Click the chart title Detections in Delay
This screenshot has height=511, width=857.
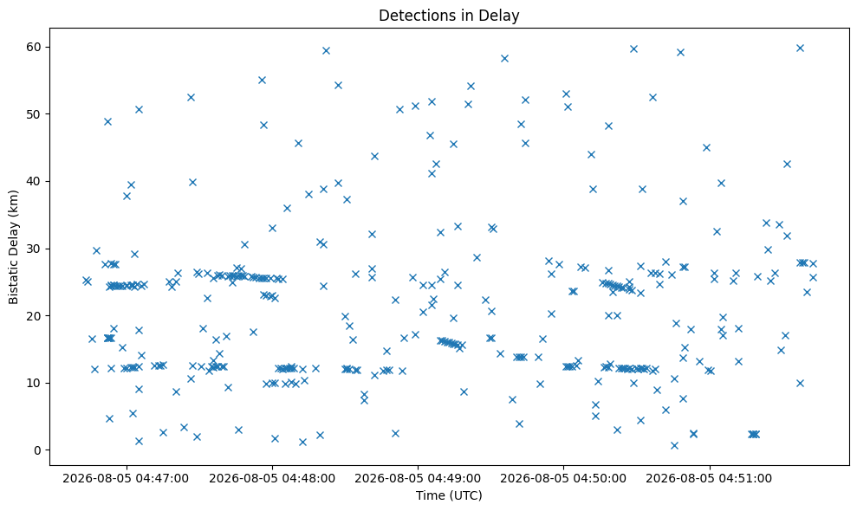[x=449, y=16]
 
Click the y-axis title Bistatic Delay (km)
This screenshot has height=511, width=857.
[x=14, y=247]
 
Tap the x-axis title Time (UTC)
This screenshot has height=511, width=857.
[x=449, y=495]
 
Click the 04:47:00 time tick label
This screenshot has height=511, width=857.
[x=126, y=479]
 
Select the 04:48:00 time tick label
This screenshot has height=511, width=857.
[x=272, y=479]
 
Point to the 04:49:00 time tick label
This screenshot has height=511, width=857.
[x=419, y=479]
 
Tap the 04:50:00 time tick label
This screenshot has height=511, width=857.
[x=563, y=479]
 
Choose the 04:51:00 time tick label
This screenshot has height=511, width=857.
[x=710, y=479]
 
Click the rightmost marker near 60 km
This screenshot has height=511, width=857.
[x=800, y=49]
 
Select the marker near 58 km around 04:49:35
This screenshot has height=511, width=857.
[x=504, y=59]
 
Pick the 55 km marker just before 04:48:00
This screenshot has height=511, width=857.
[x=262, y=81]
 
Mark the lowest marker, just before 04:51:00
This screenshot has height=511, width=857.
[x=674, y=445]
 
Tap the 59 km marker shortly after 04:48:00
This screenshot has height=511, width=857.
[x=326, y=51]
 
